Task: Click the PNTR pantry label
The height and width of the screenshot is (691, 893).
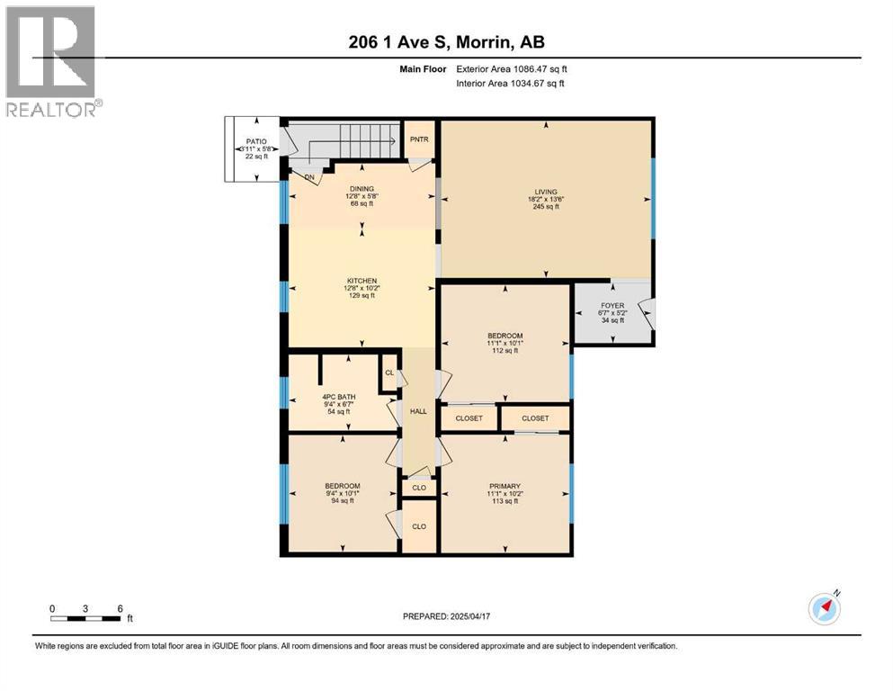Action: [x=419, y=139]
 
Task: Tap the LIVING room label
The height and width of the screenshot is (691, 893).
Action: [x=546, y=192]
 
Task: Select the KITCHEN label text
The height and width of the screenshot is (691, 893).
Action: [x=362, y=281]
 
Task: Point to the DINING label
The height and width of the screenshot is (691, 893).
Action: [x=362, y=189]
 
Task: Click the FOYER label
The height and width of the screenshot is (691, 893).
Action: [x=612, y=305]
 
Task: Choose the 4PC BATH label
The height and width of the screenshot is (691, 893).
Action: [x=339, y=397]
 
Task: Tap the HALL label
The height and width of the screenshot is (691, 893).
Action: [x=418, y=411]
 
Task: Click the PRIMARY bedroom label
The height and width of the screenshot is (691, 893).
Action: [x=505, y=487]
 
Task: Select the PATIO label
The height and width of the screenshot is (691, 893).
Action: [x=256, y=141]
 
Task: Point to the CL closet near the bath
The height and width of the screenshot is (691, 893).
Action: [x=389, y=372]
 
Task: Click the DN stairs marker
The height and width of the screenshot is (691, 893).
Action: [x=309, y=177]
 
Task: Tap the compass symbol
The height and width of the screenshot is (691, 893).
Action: [x=825, y=608]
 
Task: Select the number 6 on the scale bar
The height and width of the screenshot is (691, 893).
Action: [x=121, y=608]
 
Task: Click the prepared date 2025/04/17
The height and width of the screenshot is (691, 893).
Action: [x=469, y=616]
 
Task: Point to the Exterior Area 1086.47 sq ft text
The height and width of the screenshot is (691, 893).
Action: [x=512, y=69]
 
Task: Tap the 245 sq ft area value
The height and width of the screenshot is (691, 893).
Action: [x=546, y=207]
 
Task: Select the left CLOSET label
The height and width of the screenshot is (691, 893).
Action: [x=469, y=418]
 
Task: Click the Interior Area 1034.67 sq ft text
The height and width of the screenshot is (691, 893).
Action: [x=510, y=83]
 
